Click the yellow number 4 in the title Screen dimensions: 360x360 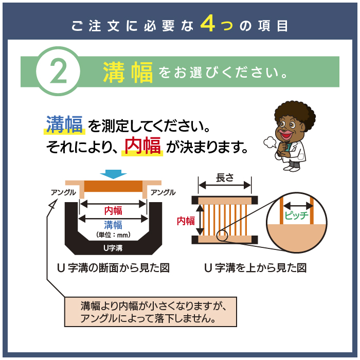[208, 24]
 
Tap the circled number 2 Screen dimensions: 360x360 [58, 71]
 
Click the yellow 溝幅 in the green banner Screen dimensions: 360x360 [128, 72]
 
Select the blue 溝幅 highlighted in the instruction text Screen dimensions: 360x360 [64, 124]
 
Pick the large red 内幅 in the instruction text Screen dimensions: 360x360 [142, 146]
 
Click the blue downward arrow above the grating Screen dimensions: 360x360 [114, 174]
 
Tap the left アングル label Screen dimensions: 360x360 [64, 192]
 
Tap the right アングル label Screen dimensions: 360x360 [163, 192]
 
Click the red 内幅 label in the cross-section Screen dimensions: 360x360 [113, 210]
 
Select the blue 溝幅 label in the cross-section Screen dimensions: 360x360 [113, 225]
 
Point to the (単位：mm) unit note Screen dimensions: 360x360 [113, 235]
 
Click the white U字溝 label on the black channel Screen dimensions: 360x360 [113, 248]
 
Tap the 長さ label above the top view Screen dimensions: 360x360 [225, 178]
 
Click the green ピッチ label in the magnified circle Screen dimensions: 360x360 [296, 215]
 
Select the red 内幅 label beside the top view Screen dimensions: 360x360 [186, 221]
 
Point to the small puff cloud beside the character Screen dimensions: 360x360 [270, 142]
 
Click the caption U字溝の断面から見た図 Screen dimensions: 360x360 [114, 268]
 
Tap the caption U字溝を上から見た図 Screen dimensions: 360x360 [256, 268]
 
